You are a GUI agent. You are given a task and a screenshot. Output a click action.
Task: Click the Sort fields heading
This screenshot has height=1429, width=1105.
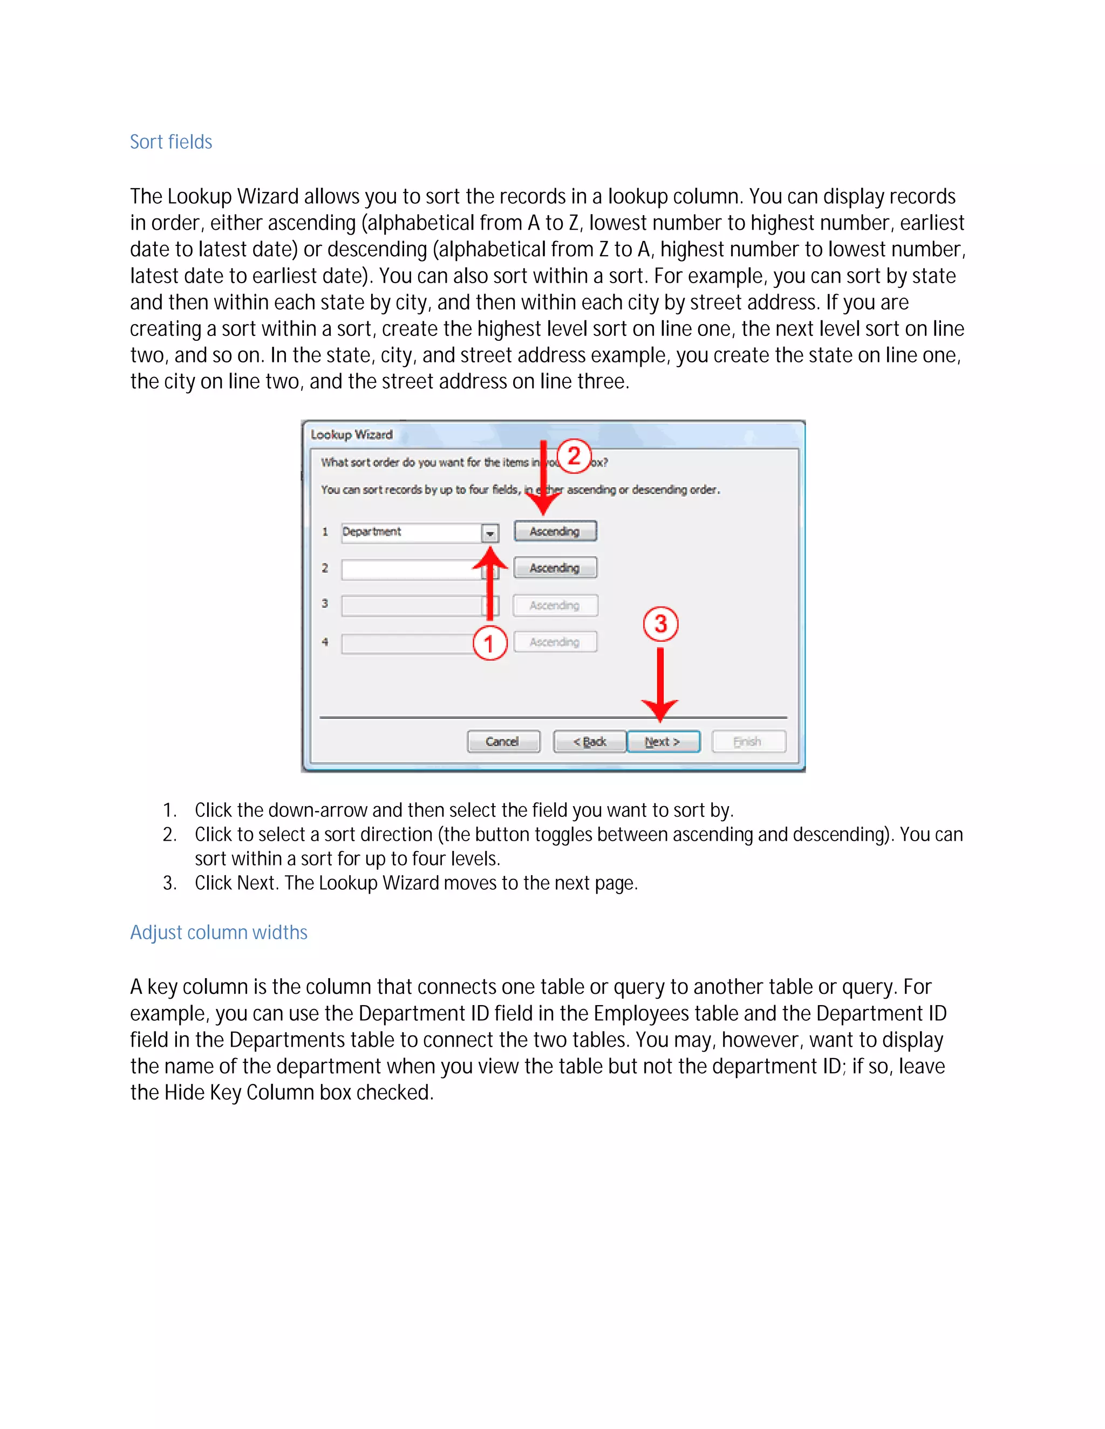171,142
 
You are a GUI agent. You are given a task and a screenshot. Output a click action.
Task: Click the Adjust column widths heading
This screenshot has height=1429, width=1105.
219,932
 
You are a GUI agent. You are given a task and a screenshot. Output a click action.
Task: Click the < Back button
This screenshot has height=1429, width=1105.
590,741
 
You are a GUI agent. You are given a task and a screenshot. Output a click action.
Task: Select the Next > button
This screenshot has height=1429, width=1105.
663,741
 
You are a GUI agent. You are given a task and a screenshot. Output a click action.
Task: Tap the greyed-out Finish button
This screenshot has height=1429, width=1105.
748,741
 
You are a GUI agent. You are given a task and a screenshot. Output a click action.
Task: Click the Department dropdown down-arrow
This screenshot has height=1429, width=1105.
490,533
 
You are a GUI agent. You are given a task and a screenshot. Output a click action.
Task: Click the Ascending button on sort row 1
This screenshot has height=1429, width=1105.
555,531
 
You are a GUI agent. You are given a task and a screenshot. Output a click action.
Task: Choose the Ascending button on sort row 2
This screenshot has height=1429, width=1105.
555,568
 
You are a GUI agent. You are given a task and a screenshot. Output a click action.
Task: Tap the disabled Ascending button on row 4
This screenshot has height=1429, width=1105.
555,642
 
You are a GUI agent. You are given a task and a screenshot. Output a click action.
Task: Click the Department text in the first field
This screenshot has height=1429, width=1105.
372,532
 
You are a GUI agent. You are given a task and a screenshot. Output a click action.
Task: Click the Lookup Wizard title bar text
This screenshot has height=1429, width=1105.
352,435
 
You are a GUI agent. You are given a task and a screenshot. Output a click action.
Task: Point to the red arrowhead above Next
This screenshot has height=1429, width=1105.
660,709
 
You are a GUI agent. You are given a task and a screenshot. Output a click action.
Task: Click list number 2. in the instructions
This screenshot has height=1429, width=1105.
169,835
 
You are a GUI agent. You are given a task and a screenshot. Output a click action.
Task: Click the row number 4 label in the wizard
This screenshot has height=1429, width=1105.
325,642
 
